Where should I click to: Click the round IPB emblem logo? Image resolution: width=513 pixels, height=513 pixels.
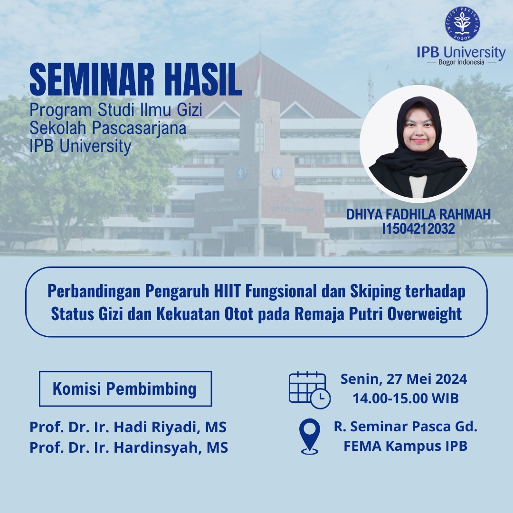pos(462,24)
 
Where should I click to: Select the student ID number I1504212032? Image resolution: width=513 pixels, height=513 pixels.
pos(418,228)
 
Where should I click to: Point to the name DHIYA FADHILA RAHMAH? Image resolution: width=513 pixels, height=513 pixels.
pos(418,214)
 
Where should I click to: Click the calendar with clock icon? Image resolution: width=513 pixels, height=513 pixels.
pos(310,390)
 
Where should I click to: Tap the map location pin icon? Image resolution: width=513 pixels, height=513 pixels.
pos(310,437)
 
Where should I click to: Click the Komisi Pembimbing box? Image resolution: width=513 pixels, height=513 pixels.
pos(125,389)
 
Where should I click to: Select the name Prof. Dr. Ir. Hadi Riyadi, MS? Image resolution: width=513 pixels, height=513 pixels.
pos(128,427)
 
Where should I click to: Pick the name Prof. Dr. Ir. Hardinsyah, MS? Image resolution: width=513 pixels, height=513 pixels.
pos(129,447)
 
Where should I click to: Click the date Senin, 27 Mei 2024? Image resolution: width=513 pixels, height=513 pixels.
pos(404,379)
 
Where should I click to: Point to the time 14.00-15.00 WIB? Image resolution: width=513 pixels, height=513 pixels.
pos(406,399)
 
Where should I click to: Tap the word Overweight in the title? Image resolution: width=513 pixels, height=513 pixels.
pos(425,314)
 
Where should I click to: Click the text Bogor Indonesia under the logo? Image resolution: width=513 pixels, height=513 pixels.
pos(461,62)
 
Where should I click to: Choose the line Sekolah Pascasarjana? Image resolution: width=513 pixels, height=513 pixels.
pos(108,128)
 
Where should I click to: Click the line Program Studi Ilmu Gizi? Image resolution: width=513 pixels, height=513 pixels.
pos(116,110)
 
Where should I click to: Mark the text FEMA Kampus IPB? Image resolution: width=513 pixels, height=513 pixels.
pos(405,446)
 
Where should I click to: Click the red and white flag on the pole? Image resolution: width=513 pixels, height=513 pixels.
pos(258,77)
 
